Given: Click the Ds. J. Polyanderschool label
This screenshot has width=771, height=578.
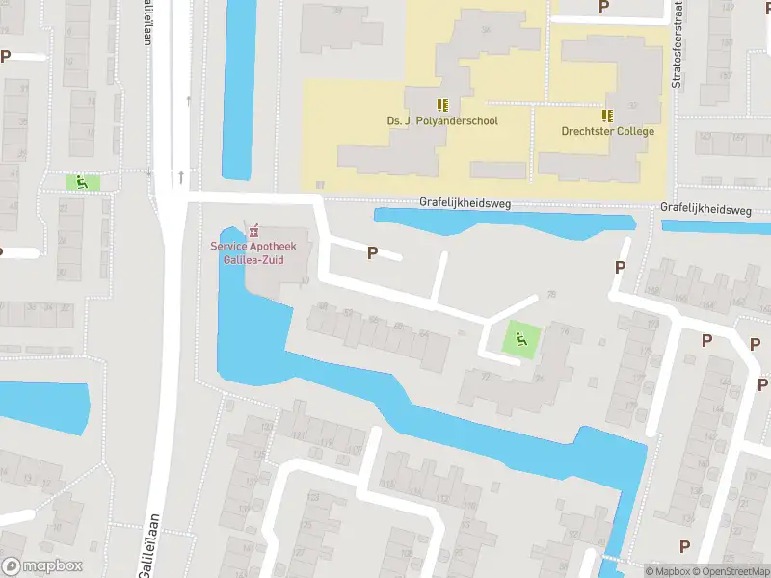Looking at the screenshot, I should click(442, 121).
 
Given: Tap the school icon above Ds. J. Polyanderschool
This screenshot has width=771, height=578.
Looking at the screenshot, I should click(442, 105).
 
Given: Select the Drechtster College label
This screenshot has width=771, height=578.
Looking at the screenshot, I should click(608, 131).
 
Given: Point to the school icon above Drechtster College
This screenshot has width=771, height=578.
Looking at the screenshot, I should click(608, 115).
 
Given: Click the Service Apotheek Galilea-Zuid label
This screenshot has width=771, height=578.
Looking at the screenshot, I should click(254, 252).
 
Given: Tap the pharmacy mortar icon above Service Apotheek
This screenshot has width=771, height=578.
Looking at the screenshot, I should click(254, 231).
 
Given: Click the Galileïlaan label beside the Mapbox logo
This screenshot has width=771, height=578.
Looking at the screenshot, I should click(146, 549).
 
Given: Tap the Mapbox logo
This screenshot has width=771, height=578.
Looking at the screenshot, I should click(42, 566).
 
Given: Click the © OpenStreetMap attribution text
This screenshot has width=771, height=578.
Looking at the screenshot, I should click(729, 571).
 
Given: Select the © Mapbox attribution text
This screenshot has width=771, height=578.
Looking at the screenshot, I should click(668, 571).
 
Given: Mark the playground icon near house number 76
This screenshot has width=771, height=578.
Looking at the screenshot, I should click(521, 338).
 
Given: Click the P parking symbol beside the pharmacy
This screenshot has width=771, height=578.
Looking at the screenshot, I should click(372, 253).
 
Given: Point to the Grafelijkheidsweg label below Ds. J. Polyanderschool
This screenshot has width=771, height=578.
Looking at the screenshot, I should click(465, 204).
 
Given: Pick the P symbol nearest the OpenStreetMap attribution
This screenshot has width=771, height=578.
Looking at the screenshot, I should click(684, 546).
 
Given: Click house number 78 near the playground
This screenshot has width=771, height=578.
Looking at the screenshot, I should click(552, 295).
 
